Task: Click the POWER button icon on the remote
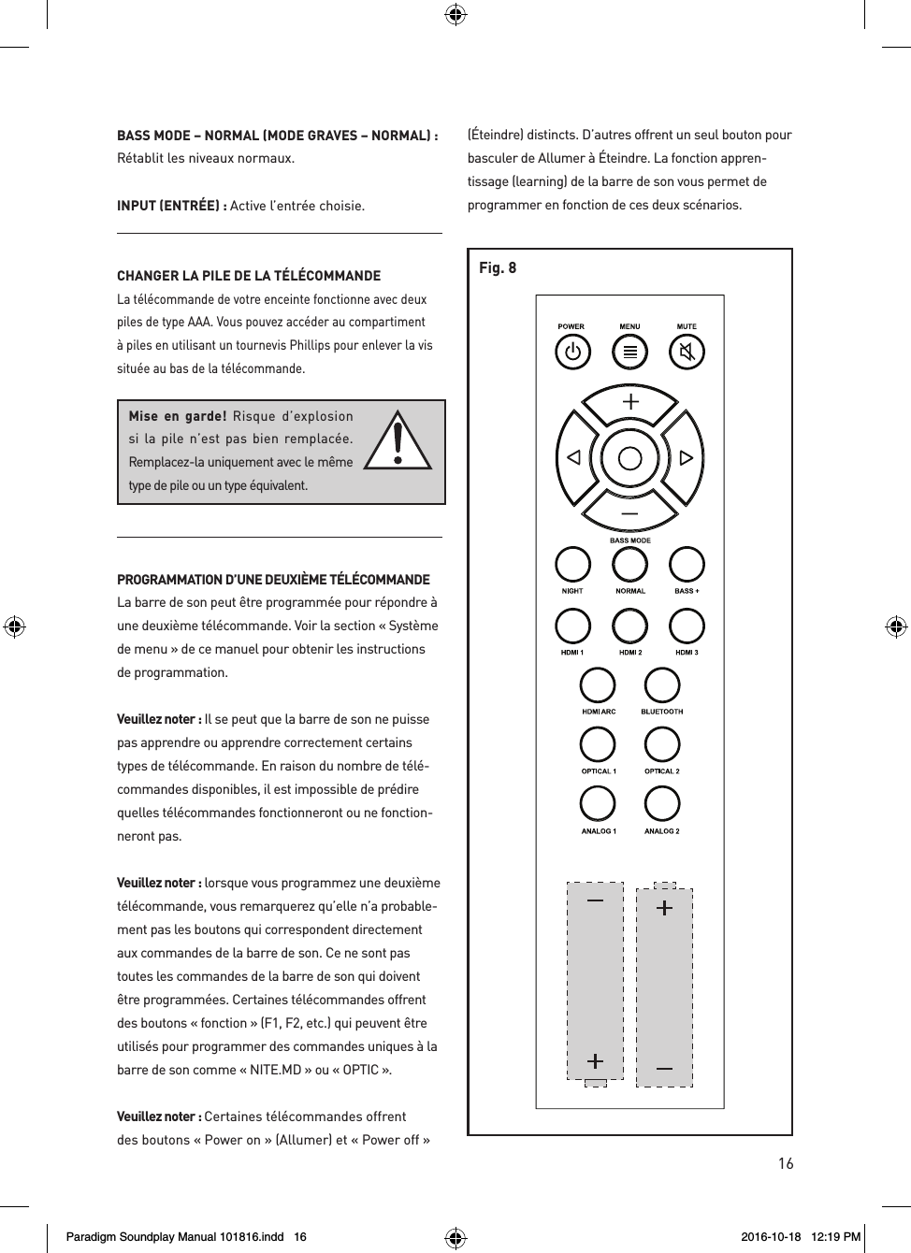click(x=572, y=353)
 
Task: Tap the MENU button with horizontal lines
click(x=629, y=353)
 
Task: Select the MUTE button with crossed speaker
click(x=687, y=353)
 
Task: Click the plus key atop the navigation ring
click(x=630, y=402)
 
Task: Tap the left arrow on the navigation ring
click(x=573, y=458)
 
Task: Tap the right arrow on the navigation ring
click(x=687, y=458)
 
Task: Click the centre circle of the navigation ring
click(x=630, y=458)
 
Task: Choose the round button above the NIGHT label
click(x=572, y=565)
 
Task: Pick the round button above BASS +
click(x=687, y=565)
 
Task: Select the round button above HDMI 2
click(x=629, y=626)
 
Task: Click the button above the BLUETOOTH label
click(x=661, y=685)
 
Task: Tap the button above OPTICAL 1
click(x=598, y=745)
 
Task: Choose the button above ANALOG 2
click(x=661, y=804)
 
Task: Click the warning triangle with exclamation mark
click(x=398, y=443)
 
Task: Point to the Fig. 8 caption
click(x=498, y=268)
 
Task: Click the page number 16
click(x=786, y=1163)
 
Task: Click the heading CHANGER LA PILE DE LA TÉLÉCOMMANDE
click(x=249, y=276)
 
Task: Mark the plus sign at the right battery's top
click(x=664, y=908)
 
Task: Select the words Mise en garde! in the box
click(x=177, y=416)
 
